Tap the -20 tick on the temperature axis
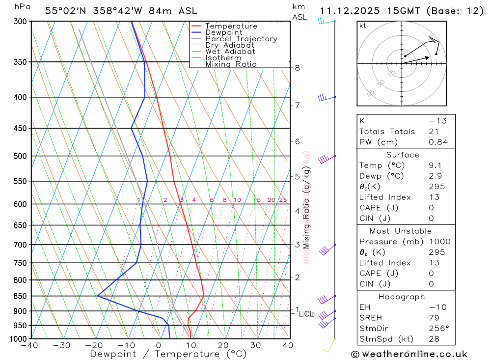pyautogui.click(x=94, y=345)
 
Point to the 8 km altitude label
pyautogui.click(x=297, y=68)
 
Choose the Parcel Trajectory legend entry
pyautogui.click(x=241, y=39)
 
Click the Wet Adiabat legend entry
pyautogui.click(x=230, y=52)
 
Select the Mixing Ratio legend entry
pyautogui.click(x=231, y=64)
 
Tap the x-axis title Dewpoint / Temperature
pyautogui.click(x=168, y=354)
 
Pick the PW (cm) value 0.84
pyautogui.click(x=438, y=142)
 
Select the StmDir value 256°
pyautogui.click(x=438, y=329)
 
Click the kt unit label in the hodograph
pyautogui.click(x=363, y=26)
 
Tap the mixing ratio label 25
pyautogui.click(x=283, y=200)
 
